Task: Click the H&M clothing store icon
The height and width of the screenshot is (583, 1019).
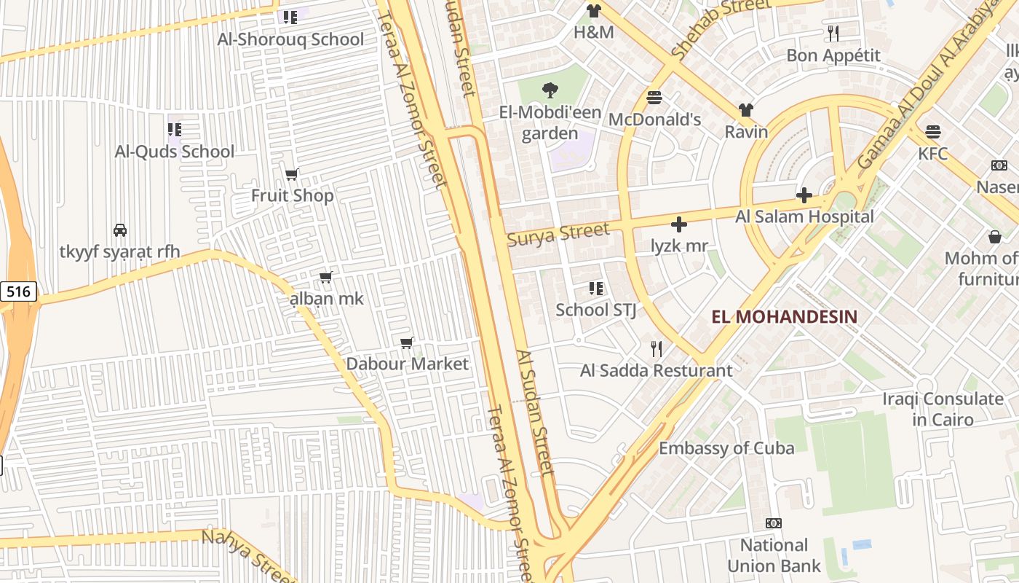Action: [594, 11]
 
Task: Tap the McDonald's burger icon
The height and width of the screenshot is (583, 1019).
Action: [654, 98]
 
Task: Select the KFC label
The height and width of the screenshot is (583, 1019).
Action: [932, 154]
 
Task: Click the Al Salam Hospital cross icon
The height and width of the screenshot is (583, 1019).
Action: [804, 195]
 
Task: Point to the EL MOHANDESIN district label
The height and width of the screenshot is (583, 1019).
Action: [784, 317]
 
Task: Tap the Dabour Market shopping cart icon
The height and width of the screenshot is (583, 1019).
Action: [407, 343]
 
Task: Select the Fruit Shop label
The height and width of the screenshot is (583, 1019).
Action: [293, 195]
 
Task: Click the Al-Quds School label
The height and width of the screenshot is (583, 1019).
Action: [175, 152]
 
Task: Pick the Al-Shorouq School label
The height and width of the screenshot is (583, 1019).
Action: [290, 39]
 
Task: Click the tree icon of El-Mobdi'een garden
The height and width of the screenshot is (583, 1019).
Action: [550, 90]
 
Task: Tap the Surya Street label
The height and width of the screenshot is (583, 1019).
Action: [558, 234]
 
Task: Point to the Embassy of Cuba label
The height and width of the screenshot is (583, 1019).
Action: [726, 448]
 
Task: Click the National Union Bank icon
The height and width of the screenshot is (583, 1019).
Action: [774, 523]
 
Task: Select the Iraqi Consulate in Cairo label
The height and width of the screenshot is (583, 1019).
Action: [943, 409]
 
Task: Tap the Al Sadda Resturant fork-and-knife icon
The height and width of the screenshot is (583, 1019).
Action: [657, 349]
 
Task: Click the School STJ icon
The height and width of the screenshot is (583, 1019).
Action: [596, 289]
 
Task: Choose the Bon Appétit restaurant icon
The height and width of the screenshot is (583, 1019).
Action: [833, 34]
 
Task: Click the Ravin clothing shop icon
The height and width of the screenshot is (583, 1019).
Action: [746, 110]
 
